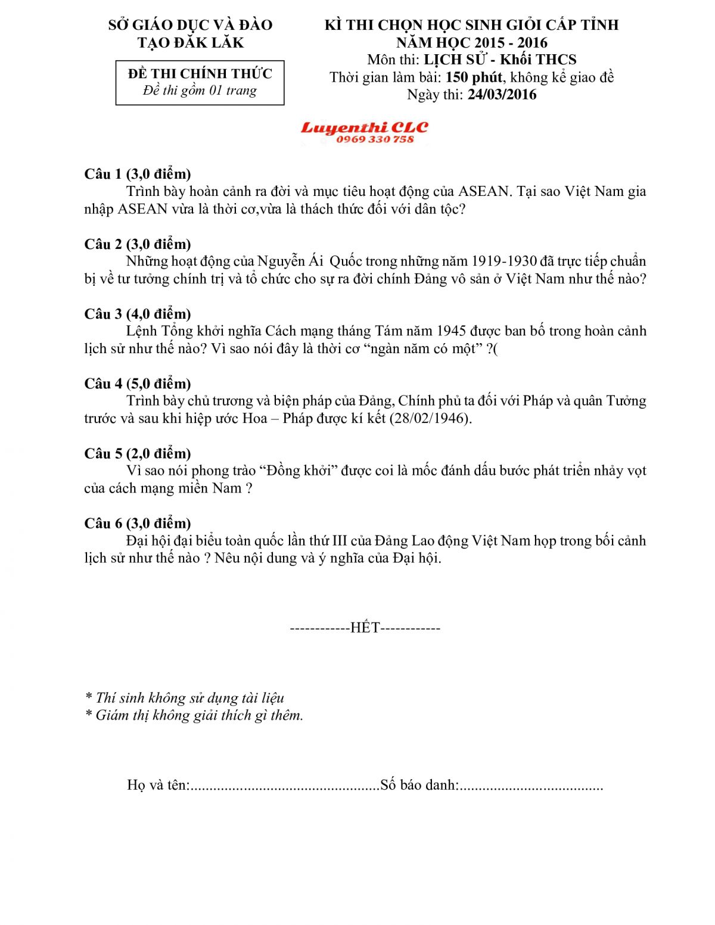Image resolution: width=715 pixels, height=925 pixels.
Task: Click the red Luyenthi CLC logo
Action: pos(364,127)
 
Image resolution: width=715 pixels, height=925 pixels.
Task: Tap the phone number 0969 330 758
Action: pos(375,139)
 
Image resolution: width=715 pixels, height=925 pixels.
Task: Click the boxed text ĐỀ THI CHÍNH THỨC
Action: pos(200,73)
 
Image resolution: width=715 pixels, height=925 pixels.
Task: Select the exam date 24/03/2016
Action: pos(502,95)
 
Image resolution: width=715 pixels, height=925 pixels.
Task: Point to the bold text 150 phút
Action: pos(474,77)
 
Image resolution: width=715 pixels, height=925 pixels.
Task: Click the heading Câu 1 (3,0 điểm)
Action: pos(138,174)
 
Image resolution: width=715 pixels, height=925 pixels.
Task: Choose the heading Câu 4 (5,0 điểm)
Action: pos(138,384)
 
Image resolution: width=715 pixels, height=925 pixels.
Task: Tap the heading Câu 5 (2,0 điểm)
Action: pos(138,453)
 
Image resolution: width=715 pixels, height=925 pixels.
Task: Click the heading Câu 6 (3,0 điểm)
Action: pos(138,523)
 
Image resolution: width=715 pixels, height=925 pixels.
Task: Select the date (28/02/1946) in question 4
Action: pos(430,418)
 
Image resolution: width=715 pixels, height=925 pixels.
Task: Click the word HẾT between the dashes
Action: pos(365,628)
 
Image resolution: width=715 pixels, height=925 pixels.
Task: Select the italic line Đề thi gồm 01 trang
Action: pos(200,91)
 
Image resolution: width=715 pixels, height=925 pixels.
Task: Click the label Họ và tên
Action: pos(157,785)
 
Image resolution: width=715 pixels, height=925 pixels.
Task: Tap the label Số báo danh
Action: pos(419,785)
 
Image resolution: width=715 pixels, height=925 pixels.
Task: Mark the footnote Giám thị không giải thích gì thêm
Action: pos(199,715)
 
